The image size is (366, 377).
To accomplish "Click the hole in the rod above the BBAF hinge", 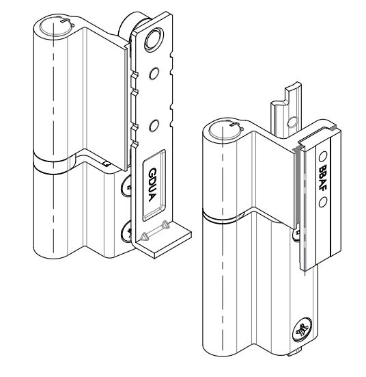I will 292,122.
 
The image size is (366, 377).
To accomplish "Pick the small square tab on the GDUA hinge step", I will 107,163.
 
